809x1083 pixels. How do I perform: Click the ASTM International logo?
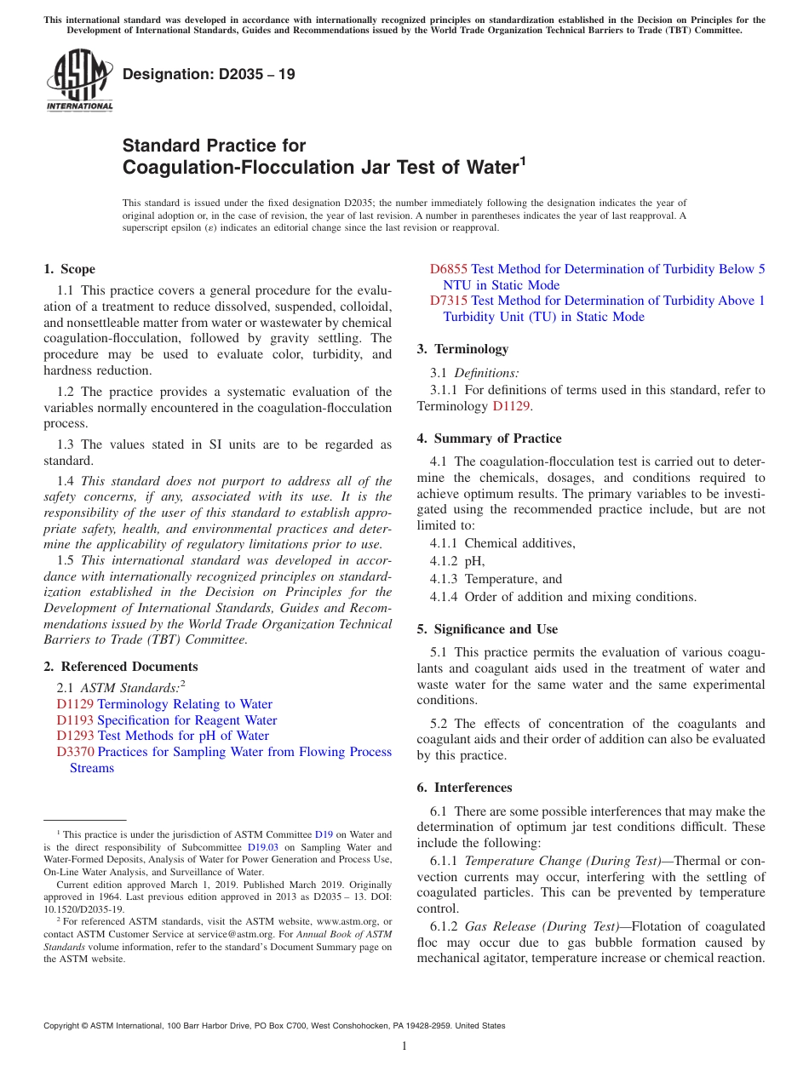point(79,82)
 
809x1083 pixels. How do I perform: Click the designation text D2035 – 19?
point(209,74)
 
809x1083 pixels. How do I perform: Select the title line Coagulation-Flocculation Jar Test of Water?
point(324,167)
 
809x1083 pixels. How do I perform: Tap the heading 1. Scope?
point(69,269)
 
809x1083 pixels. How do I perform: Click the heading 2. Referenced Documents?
point(121,667)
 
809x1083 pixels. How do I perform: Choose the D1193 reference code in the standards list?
point(75,720)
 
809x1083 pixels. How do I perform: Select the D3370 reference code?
point(75,752)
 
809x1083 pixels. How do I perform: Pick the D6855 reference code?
point(448,269)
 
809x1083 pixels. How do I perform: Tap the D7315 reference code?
point(448,301)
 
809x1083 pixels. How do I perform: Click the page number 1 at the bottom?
point(404,1046)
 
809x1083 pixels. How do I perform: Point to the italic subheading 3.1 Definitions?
point(475,373)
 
